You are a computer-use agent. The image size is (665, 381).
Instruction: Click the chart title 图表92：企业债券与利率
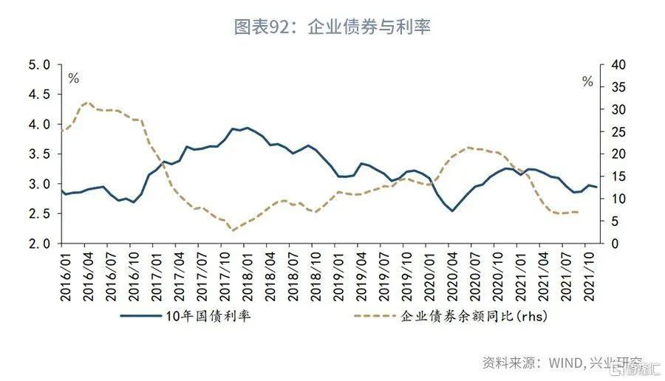(332, 27)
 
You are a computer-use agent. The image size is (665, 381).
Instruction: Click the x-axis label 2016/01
(64, 273)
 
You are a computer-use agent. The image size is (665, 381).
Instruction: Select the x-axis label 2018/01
(245, 273)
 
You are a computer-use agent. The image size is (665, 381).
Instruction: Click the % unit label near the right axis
(587, 82)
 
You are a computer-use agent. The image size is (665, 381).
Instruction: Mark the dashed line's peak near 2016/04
(86, 103)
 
